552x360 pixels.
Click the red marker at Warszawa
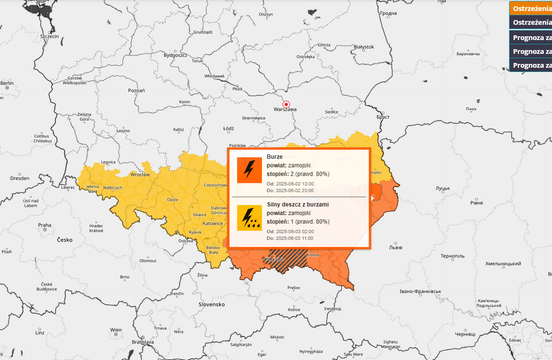286,104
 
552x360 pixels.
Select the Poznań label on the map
136,90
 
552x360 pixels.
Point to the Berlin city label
7,83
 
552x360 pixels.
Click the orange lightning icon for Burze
249,170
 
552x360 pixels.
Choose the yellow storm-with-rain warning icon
249,218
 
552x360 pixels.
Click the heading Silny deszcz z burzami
298,205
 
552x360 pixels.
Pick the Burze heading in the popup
275,157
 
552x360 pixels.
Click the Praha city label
45,225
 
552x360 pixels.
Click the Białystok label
364,47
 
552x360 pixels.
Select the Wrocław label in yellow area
139,174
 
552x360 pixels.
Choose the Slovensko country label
212,304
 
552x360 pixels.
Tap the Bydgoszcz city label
175,55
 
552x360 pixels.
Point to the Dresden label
19,178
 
